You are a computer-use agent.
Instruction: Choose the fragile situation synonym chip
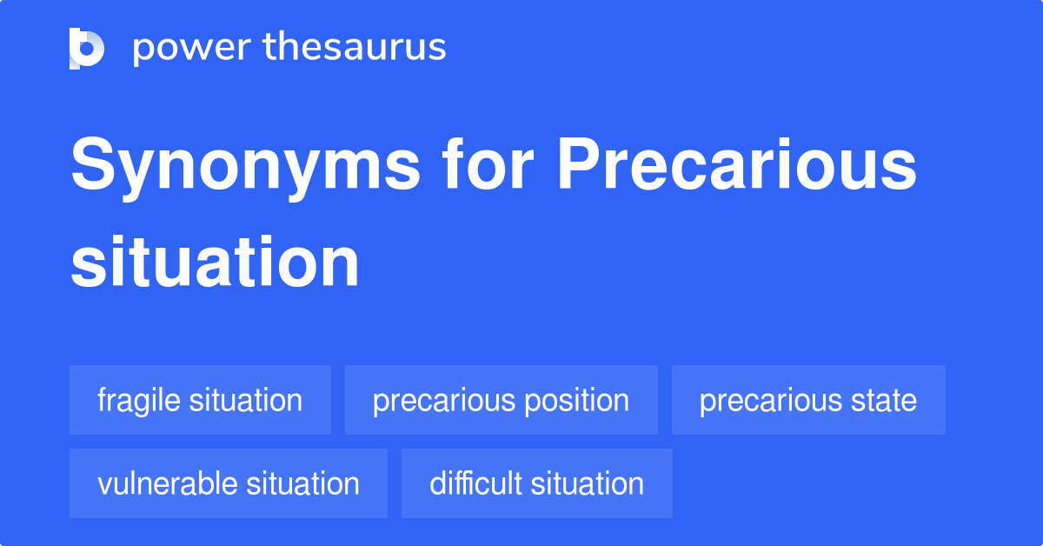(x=200, y=401)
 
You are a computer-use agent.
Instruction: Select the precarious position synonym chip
(x=501, y=401)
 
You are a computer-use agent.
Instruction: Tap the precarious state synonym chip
(x=807, y=401)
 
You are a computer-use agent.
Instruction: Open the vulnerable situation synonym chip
(x=228, y=483)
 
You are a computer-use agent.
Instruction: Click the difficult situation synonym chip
(x=536, y=483)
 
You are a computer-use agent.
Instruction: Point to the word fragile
(x=139, y=401)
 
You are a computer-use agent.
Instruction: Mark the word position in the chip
(x=573, y=401)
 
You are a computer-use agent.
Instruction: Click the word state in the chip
(x=884, y=401)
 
